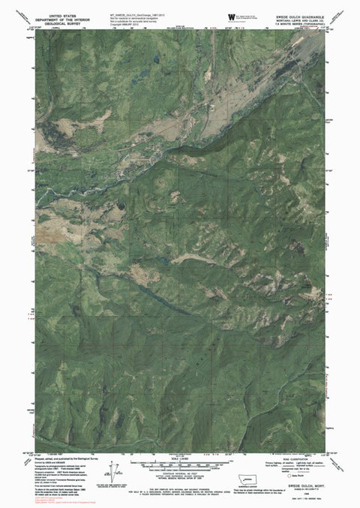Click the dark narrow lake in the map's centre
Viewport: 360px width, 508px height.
point(187,257)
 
